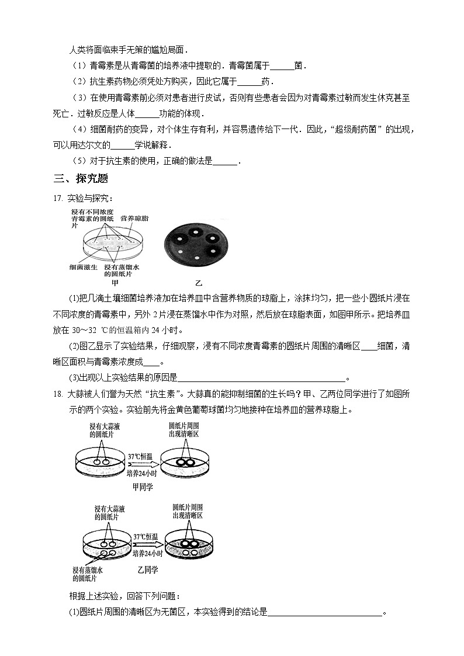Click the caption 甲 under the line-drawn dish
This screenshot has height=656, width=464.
(x=115, y=282)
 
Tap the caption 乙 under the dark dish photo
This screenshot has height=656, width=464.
(x=198, y=283)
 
